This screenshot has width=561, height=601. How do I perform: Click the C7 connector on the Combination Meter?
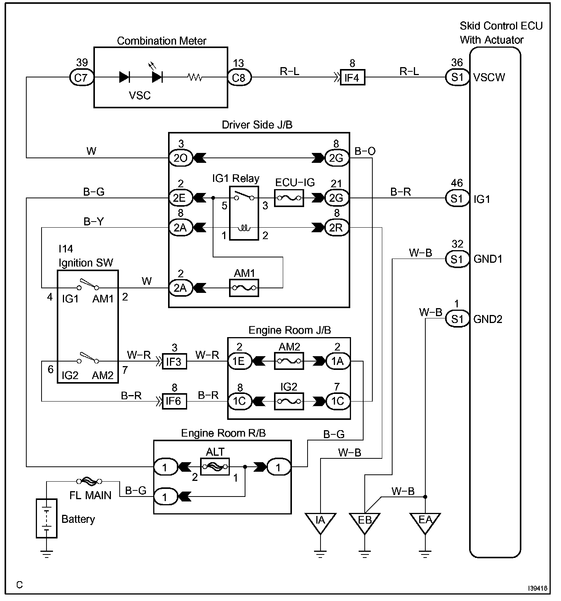pyautogui.click(x=81, y=77)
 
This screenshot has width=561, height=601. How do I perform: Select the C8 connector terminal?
pyautogui.click(x=239, y=77)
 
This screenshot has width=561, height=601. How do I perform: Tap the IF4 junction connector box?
pyautogui.click(x=352, y=77)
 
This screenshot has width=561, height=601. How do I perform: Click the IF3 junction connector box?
pyautogui.click(x=174, y=361)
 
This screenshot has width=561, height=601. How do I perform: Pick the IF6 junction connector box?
pyautogui.click(x=174, y=401)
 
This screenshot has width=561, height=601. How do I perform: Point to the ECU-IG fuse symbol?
pyautogui.click(x=289, y=198)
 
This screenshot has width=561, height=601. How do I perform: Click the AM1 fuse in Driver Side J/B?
pyautogui.click(x=244, y=288)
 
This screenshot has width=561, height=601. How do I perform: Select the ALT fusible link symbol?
pyautogui.click(x=215, y=466)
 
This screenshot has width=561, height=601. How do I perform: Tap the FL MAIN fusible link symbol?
pyautogui.click(x=90, y=481)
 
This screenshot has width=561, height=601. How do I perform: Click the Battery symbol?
pyautogui.click(x=46, y=518)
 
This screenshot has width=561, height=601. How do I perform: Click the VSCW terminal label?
pyautogui.click(x=489, y=77)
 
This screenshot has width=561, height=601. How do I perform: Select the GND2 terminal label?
pyautogui.click(x=488, y=319)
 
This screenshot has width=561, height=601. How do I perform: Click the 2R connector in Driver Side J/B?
pyautogui.click(x=337, y=228)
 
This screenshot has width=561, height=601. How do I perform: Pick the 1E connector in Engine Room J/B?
pyautogui.click(x=240, y=361)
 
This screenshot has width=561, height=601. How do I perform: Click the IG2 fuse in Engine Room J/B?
pyautogui.click(x=289, y=401)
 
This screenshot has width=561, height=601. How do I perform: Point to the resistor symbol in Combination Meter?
pyautogui.click(x=195, y=77)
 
